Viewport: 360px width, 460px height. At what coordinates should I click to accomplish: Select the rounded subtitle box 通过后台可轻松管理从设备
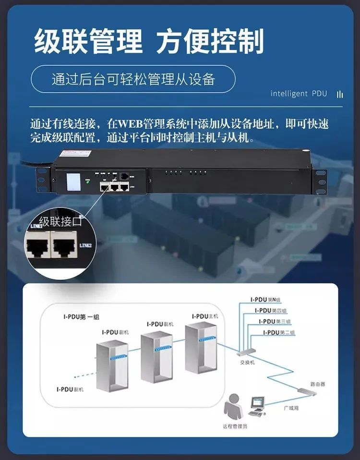pyautogui.click(x=133, y=79)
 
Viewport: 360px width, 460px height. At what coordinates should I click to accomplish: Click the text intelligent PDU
pyautogui.click(x=299, y=93)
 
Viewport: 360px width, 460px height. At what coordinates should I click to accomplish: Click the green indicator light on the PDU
pyautogui.click(x=88, y=182)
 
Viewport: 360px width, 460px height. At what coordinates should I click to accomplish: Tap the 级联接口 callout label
pyautogui.click(x=60, y=221)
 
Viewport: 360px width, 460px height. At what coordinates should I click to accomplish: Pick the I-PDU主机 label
pyautogui.click(x=205, y=316)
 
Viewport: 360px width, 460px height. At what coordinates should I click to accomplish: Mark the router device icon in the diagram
pyautogui.click(x=307, y=391)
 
